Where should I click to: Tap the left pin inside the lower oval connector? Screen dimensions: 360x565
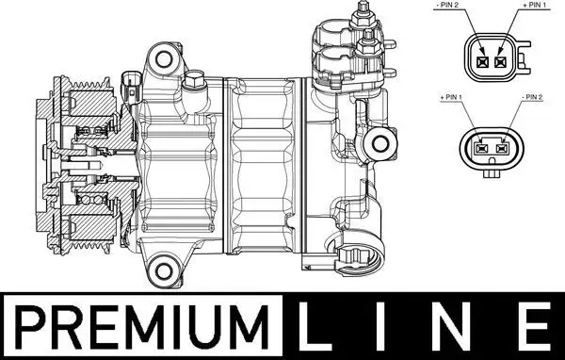coord(483,147)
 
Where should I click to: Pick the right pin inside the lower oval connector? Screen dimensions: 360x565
coord(505,147)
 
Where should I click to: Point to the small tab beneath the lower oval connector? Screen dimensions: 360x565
coord(493,172)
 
